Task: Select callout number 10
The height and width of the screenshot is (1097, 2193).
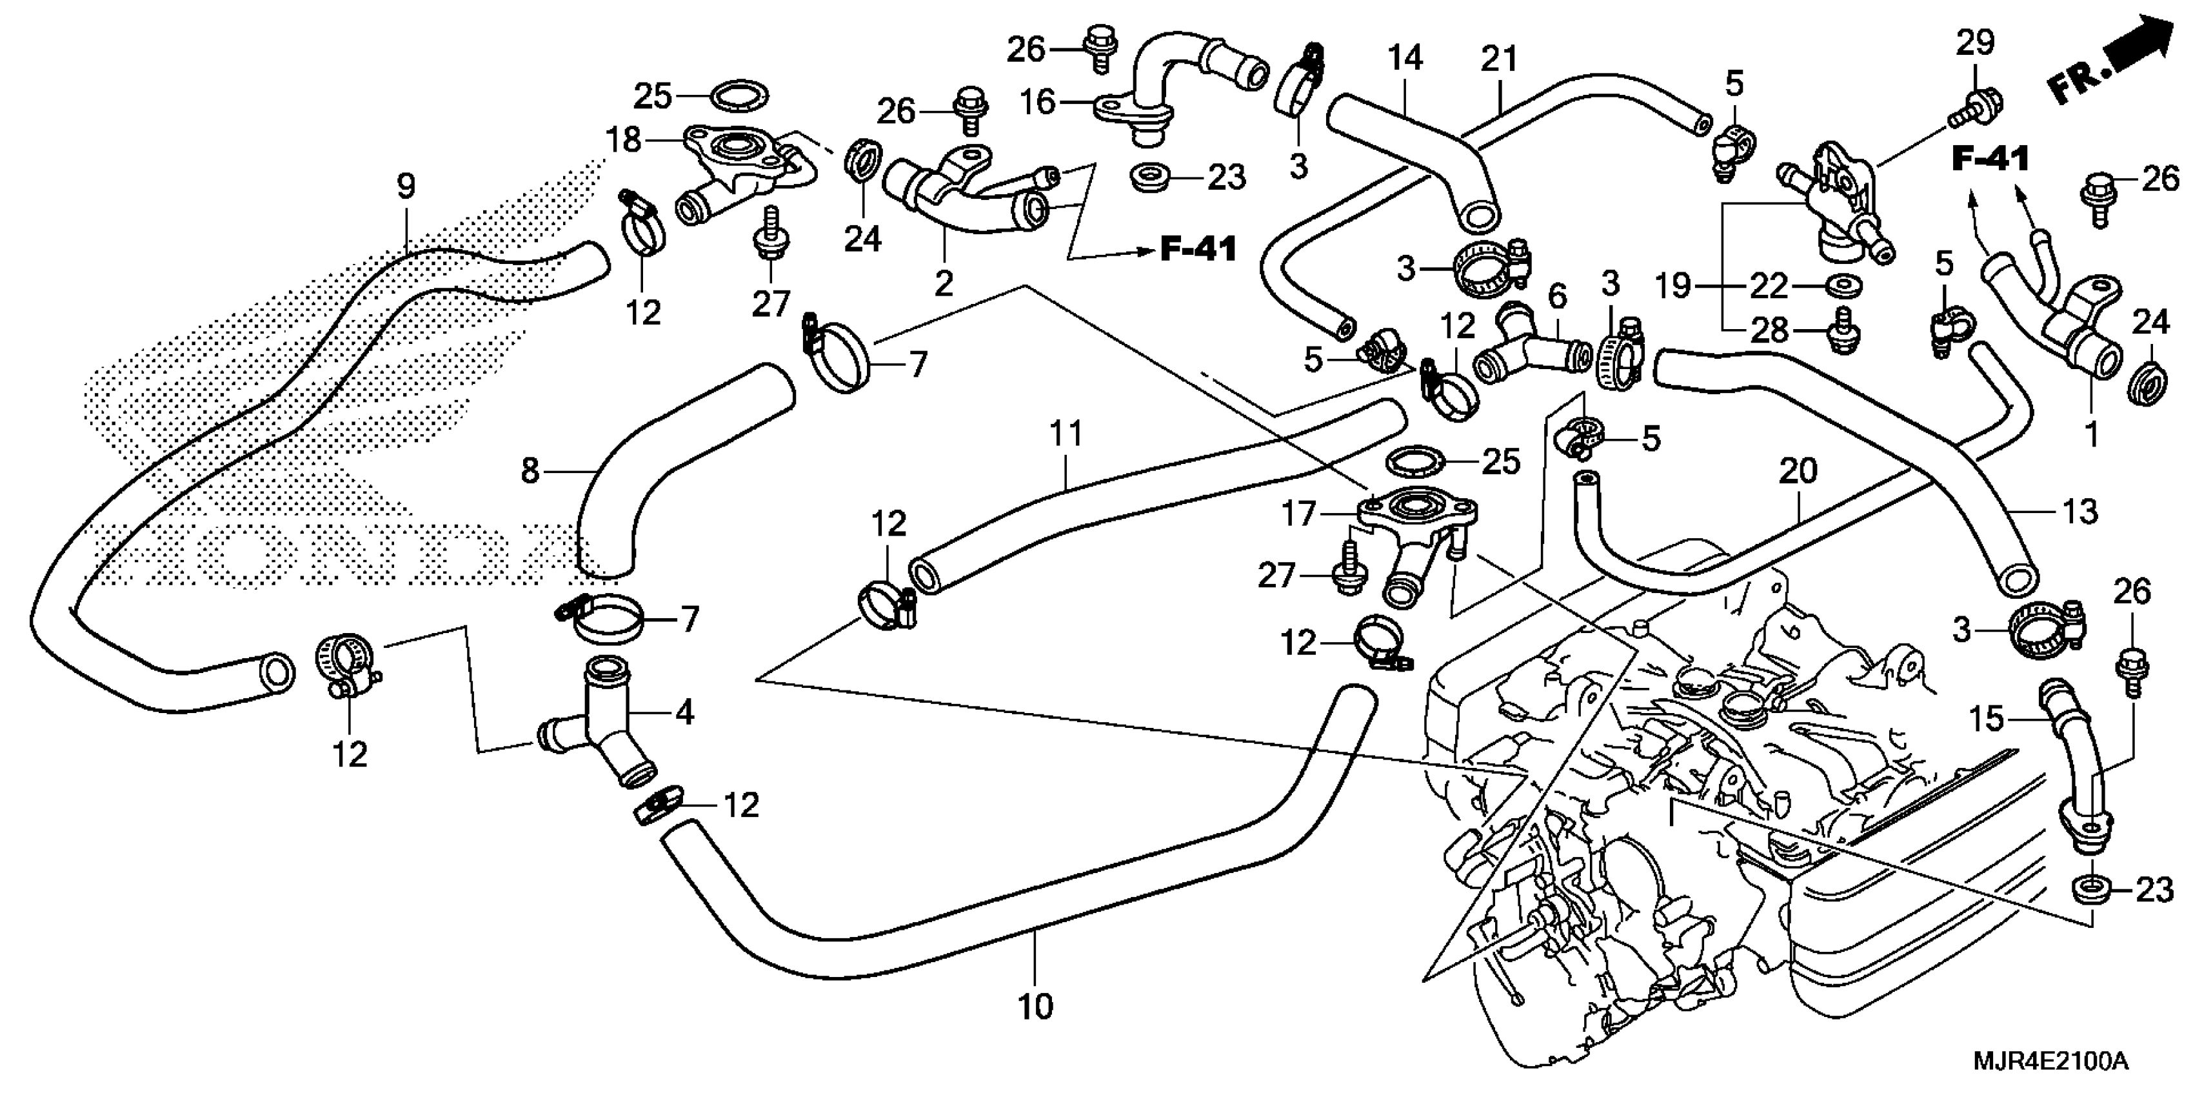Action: [1036, 1007]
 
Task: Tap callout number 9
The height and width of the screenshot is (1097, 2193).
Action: [406, 186]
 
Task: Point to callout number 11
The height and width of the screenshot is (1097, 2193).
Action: [1065, 434]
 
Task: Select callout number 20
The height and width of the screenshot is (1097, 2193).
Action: [1798, 470]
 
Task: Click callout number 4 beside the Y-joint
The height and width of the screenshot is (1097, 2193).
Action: [684, 711]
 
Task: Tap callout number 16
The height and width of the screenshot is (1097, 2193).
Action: [1038, 102]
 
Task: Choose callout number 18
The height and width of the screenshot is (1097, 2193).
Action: [623, 139]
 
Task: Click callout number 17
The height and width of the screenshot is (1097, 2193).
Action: [1299, 514]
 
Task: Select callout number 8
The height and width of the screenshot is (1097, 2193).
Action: [530, 469]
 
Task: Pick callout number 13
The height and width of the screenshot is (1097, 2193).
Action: [2081, 511]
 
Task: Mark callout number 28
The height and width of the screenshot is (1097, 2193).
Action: [1770, 330]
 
